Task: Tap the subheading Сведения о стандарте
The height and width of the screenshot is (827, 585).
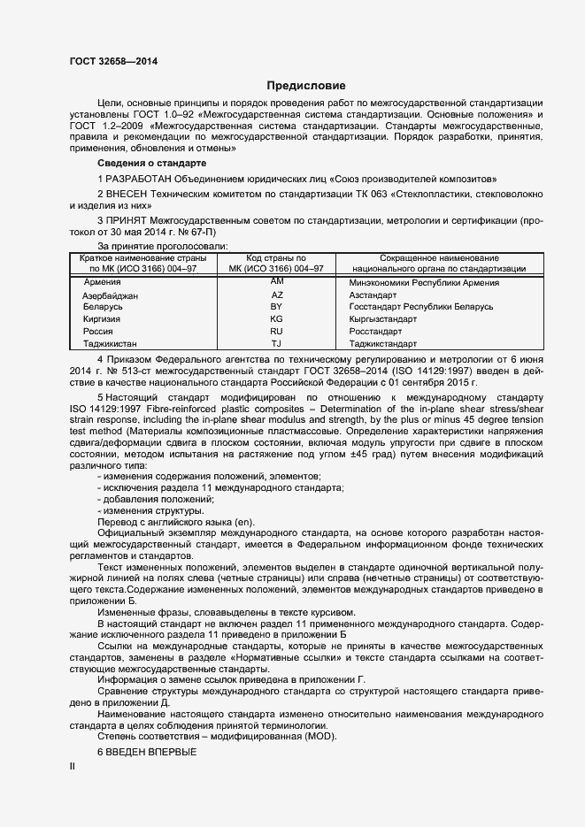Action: [151, 165]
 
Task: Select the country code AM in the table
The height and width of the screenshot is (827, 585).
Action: [276, 280]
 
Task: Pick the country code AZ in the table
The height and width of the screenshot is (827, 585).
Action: [276, 295]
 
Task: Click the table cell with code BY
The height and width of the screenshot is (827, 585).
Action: [276, 306]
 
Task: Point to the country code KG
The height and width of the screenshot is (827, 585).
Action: [276, 318]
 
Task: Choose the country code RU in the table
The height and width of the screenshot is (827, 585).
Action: [276, 331]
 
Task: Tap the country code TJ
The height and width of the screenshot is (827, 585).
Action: [276, 343]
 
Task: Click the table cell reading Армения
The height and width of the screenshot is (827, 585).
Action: [101, 282]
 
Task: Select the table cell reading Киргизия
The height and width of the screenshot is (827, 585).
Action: [101, 318]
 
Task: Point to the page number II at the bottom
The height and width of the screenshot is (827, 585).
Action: [72, 766]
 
